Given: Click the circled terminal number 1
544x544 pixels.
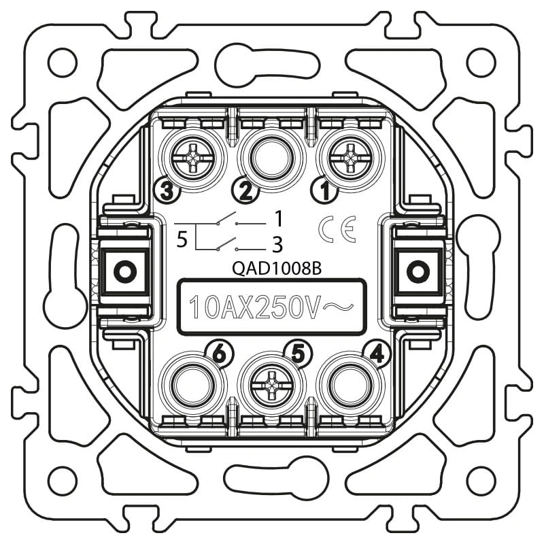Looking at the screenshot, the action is pyautogui.click(x=325, y=190).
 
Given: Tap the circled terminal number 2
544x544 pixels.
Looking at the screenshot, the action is pyautogui.click(x=245, y=190).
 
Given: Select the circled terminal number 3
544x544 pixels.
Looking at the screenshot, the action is pyautogui.click(x=167, y=190).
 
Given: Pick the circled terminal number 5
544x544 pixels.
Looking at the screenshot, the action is pyautogui.click(x=299, y=354).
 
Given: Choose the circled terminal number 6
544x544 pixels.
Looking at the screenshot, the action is pyautogui.click(x=220, y=354).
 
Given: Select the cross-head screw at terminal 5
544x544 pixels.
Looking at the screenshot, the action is pyautogui.click(x=271, y=387).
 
